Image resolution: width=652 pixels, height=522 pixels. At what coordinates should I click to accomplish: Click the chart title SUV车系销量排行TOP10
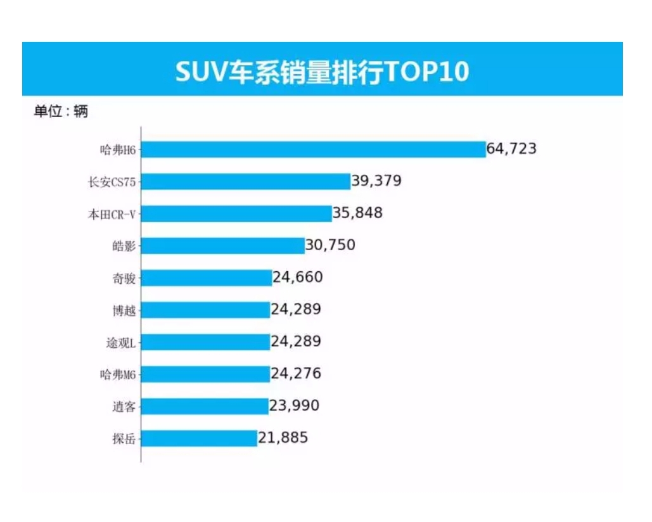(322, 72)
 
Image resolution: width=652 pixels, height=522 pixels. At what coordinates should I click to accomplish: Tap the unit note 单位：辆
(61, 112)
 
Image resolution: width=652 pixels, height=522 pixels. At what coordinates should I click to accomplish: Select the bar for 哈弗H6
(313, 150)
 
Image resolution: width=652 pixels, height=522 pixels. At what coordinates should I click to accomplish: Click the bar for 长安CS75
(246, 182)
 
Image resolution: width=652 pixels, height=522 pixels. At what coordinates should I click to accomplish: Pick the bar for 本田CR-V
(236, 213)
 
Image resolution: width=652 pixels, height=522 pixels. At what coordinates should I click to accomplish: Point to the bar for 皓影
(222, 246)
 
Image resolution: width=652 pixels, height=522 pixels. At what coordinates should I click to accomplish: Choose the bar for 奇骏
(207, 278)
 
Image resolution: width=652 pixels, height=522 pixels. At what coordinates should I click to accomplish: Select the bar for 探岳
(199, 438)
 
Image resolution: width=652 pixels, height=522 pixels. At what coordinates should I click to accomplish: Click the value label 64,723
(511, 149)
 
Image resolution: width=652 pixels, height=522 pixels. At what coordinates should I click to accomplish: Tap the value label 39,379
(376, 181)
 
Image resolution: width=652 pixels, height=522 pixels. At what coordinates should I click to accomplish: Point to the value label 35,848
(357, 213)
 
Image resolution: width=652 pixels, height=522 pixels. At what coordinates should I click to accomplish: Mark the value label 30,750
(330, 245)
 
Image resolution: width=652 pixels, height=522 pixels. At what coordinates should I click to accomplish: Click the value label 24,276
(296, 374)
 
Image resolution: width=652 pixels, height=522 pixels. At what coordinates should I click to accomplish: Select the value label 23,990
(294, 405)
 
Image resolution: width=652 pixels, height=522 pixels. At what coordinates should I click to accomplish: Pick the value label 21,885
(283, 438)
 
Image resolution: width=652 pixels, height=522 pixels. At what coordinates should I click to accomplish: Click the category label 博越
(124, 310)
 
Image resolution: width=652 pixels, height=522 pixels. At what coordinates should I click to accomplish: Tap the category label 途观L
(121, 343)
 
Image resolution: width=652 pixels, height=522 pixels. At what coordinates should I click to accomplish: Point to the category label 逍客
(124, 407)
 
